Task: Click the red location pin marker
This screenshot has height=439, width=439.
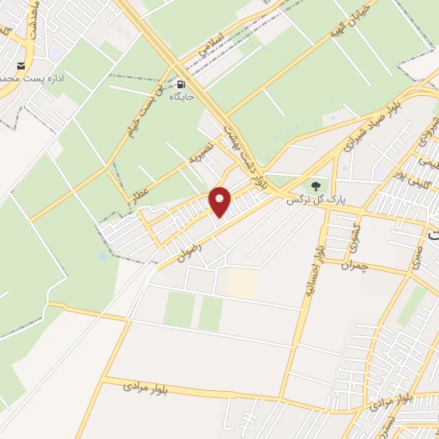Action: coord(221,201)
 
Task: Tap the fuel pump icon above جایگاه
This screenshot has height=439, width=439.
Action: coord(181,85)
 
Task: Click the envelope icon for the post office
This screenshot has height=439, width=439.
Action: coord(20,65)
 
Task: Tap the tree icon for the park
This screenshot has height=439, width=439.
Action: coord(316,184)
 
